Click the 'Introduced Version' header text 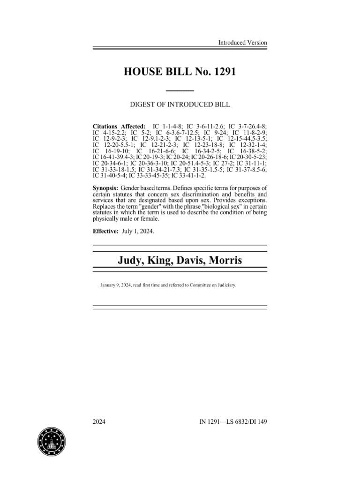pos(242,43)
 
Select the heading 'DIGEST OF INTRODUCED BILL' pos(180,104)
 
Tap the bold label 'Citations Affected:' pos(120,127)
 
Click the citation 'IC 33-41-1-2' pos(182,175)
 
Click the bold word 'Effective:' pos(105,232)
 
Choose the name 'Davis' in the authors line pos(196,260)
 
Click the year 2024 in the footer pos(99,421)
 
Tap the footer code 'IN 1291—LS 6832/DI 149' pos(233,421)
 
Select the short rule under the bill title pos(180,90)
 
